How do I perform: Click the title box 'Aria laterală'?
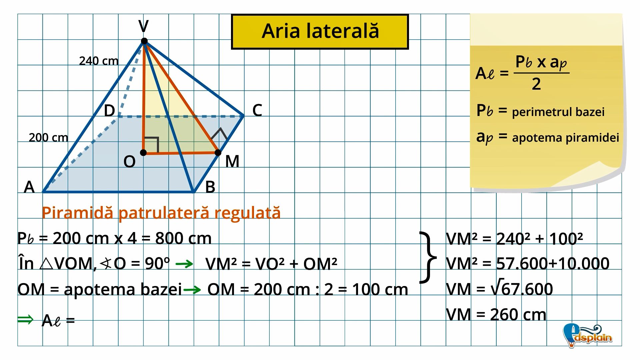click(320, 32)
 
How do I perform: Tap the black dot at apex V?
click(144, 41)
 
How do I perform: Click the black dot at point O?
click(143, 153)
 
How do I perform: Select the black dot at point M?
click(218, 153)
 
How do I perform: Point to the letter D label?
click(109, 110)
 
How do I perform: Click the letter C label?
click(257, 110)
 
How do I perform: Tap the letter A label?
click(29, 187)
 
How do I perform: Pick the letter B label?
click(210, 187)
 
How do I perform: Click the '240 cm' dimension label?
click(99, 61)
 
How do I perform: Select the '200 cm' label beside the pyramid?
click(48, 137)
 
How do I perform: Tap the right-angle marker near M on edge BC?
click(219, 134)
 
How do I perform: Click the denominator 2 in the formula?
click(536, 84)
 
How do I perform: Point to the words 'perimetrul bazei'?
click(558, 112)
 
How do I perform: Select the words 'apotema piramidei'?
click(565, 137)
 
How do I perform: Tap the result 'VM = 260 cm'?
click(496, 314)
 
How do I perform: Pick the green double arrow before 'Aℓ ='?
click(25, 319)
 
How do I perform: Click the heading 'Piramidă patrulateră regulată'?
click(161, 213)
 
